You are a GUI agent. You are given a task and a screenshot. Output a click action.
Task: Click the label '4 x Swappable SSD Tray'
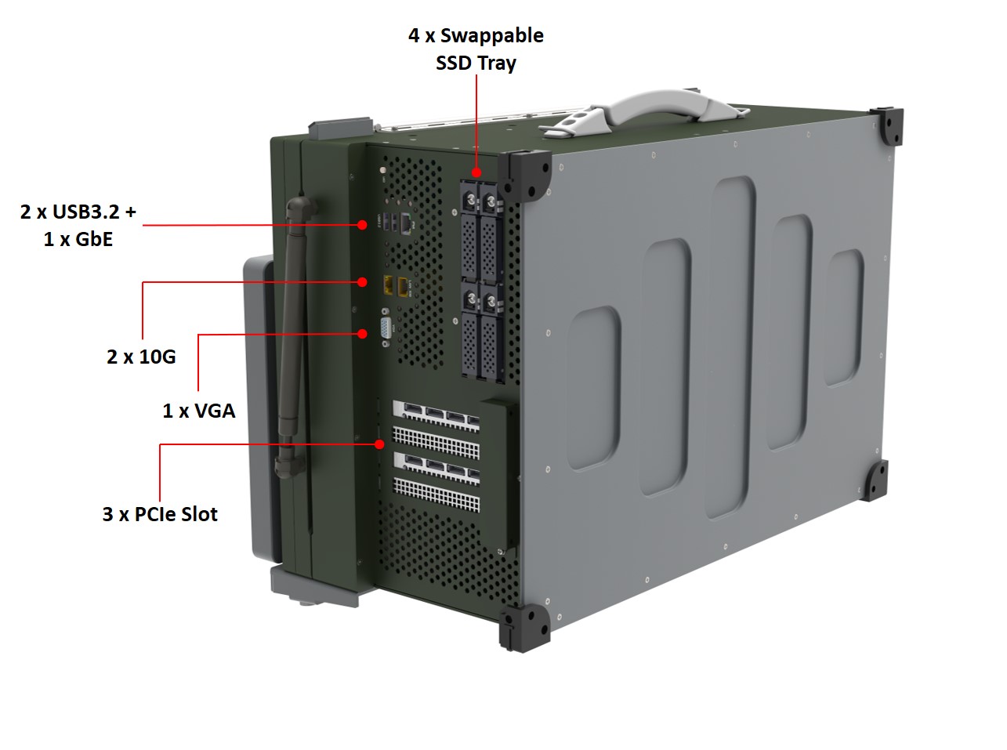[x=476, y=49]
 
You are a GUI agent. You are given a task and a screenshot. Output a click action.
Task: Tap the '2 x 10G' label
[x=141, y=357]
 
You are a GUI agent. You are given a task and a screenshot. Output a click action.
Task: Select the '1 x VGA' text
[x=199, y=411]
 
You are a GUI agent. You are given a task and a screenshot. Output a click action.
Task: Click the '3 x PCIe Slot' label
[x=160, y=514]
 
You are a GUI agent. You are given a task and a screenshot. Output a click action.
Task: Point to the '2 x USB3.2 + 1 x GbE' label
[x=78, y=225]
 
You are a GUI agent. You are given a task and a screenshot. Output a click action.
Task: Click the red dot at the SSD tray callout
[x=476, y=172]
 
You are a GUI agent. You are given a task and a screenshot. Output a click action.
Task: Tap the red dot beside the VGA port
[x=362, y=334]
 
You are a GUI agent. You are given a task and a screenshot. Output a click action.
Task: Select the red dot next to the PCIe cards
[x=379, y=444]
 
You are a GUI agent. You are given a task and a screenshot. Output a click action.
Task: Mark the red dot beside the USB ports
[x=362, y=225]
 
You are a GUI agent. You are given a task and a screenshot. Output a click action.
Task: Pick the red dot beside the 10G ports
[x=362, y=282]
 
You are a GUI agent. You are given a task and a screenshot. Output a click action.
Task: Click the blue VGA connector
[x=386, y=328]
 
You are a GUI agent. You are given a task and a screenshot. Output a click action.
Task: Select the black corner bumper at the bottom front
[x=524, y=628]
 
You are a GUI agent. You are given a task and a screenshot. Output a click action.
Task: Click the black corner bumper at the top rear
[x=886, y=125]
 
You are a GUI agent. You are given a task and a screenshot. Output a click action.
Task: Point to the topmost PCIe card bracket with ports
[x=436, y=415]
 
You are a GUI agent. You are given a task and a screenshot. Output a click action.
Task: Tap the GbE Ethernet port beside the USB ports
[x=408, y=223]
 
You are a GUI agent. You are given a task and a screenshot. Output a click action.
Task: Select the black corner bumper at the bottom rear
[x=874, y=480]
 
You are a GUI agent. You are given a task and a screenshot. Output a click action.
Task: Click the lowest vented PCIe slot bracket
[x=436, y=494]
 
